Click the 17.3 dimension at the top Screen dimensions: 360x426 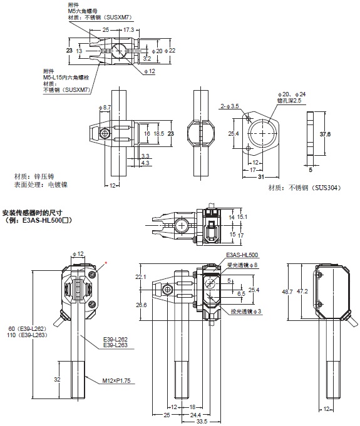point(128,29)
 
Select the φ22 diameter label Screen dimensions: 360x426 point(170,51)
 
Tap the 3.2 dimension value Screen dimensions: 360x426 point(147,58)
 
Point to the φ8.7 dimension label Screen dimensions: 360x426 point(105,108)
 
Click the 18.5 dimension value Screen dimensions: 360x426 point(159,134)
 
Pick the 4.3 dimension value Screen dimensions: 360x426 point(145,163)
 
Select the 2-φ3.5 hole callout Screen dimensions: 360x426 point(230,106)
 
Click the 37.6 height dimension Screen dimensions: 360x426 point(325,134)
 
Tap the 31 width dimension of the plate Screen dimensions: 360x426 point(261,177)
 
